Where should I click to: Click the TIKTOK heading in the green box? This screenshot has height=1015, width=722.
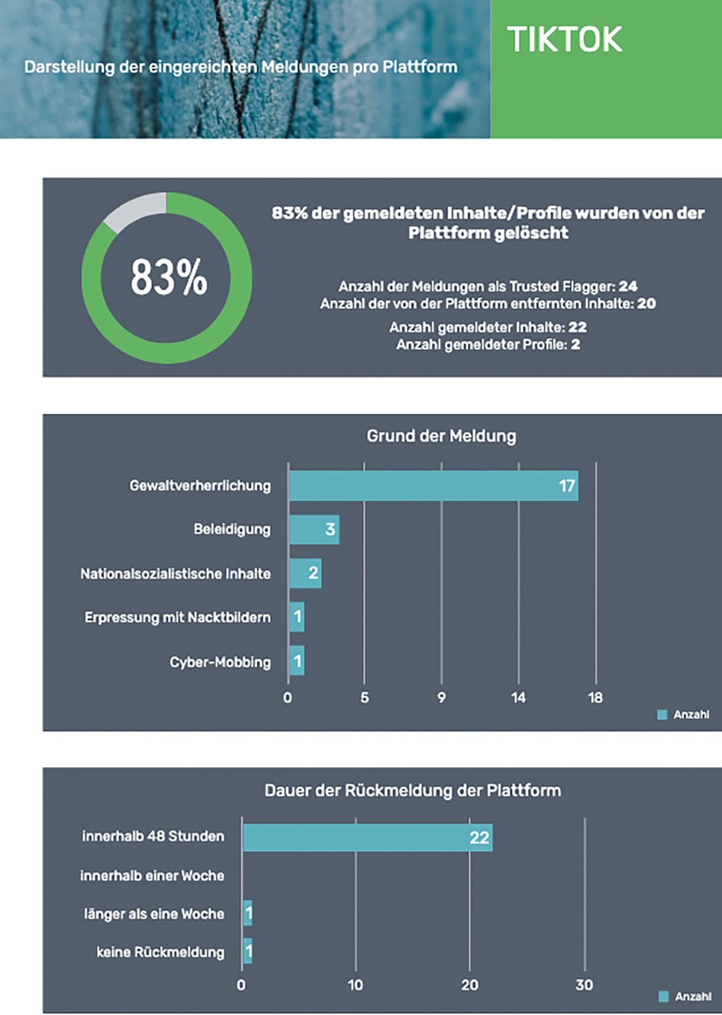[564, 40]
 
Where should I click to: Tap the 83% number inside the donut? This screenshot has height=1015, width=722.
[169, 277]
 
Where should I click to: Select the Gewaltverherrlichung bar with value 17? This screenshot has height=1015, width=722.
[433, 486]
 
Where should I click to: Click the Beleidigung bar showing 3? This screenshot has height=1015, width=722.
[314, 529]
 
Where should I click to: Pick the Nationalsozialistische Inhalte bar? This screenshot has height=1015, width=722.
[305, 573]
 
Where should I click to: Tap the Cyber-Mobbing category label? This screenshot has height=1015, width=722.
[220, 662]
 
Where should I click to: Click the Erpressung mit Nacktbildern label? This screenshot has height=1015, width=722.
[177, 617]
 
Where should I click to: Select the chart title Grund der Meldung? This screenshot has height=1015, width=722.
[441, 436]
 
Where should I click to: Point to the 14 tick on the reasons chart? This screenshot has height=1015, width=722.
[518, 697]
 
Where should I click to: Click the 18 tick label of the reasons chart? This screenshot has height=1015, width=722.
[595, 697]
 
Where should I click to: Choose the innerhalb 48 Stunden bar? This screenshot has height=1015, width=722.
[367, 837]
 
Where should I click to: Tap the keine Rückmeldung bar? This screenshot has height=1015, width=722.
[248, 951]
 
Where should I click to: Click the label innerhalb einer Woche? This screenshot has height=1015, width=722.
[152, 875]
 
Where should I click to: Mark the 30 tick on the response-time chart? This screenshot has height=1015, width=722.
[584, 985]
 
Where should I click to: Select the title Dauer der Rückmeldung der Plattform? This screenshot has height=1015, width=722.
[412, 790]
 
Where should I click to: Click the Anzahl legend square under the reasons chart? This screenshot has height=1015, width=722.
[662, 715]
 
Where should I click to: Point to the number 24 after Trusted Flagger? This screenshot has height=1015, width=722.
[628, 287]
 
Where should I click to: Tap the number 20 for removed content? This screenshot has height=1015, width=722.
[646, 304]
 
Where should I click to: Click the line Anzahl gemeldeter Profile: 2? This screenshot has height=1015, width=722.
[488, 345]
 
